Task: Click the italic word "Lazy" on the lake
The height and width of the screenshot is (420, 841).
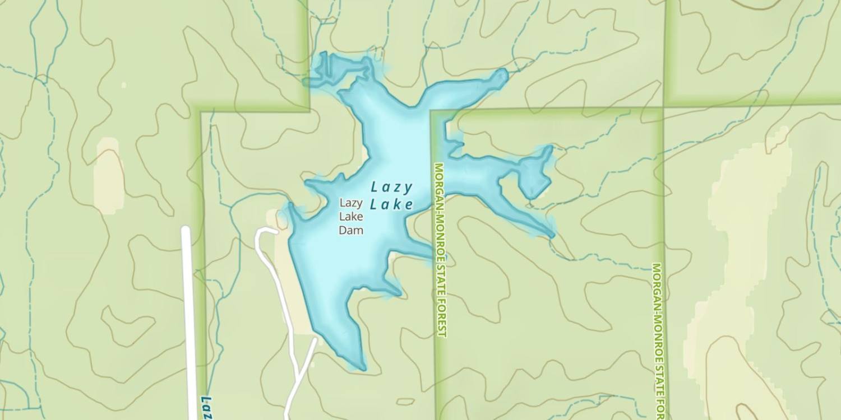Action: [391, 188]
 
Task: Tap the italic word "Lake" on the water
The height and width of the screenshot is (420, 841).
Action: [391, 204]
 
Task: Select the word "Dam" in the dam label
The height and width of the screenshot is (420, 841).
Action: [351, 230]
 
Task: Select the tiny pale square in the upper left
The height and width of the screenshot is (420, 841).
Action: [124, 85]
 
